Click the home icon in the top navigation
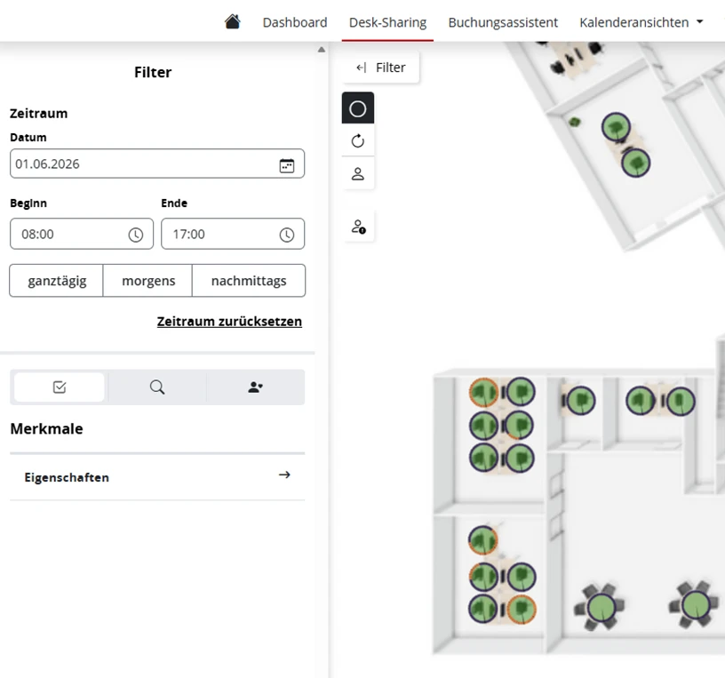click(x=233, y=21)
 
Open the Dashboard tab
click(x=295, y=22)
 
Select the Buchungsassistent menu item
click(x=503, y=22)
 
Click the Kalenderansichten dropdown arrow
click(x=699, y=21)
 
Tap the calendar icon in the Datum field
click(x=287, y=165)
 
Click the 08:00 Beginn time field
click(x=82, y=234)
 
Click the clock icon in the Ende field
click(x=287, y=235)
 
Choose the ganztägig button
click(x=56, y=281)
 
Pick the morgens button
click(x=148, y=281)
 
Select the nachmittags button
click(x=249, y=281)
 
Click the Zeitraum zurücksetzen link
click(x=229, y=322)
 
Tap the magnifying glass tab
click(x=157, y=387)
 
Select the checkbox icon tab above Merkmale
click(x=60, y=387)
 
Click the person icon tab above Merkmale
click(x=255, y=387)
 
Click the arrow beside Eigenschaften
click(x=284, y=475)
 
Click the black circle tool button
click(x=358, y=108)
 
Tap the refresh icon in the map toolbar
click(x=358, y=140)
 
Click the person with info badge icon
click(x=358, y=227)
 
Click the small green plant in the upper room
click(x=574, y=122)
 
